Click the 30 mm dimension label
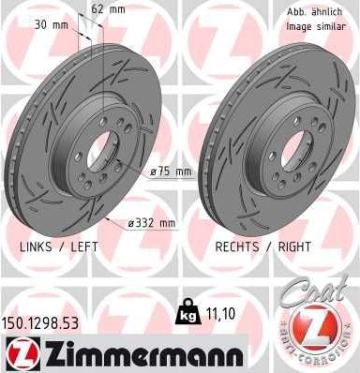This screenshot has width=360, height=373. (x=46, y=25)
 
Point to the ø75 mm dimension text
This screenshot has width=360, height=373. (x=172, y=171)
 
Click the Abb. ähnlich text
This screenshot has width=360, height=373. (x=312, y=10)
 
